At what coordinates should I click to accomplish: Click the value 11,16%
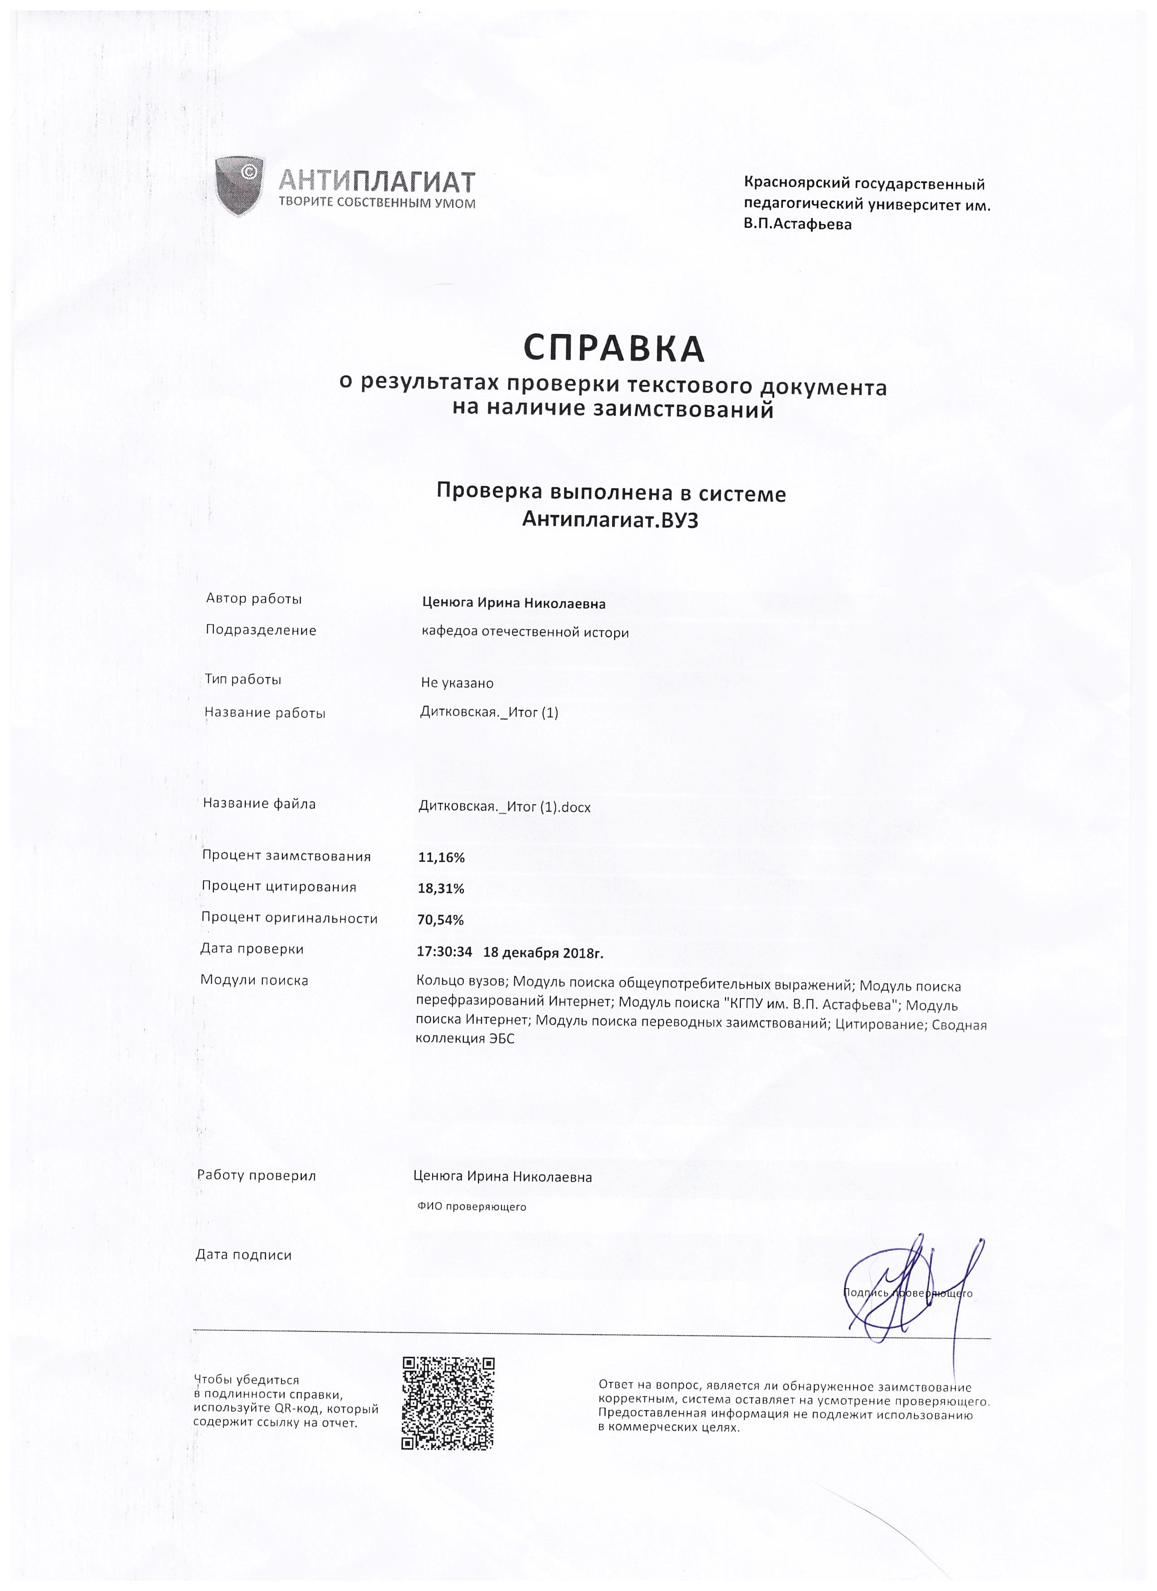441,857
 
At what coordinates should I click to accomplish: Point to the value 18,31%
441,889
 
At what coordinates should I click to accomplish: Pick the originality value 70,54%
441,920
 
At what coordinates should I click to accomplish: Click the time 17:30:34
444,952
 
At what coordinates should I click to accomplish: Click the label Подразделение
260,630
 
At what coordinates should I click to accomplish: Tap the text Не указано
457,683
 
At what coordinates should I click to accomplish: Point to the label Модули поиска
254,980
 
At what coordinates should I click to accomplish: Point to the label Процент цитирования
278,887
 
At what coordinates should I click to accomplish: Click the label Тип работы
243,679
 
